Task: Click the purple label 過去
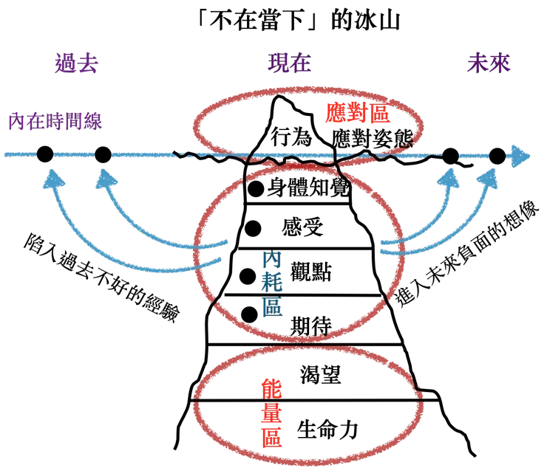point(76,64)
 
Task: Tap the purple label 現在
point(289,65)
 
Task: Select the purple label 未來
point(489,64)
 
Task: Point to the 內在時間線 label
point(55,120)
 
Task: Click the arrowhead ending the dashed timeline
point(522,156)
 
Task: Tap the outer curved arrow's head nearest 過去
point(51,177)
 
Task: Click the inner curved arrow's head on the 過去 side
point(106,177)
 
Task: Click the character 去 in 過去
point(88,64)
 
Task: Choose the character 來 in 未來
point(500,64)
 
